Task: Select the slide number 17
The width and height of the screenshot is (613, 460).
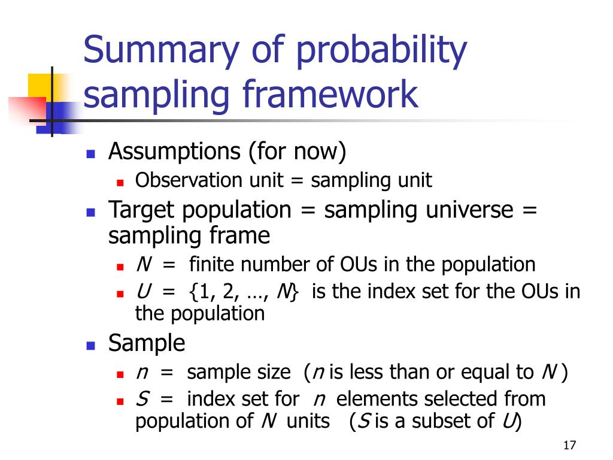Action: click(x=569, y=446)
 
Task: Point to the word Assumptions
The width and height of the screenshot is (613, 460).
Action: click(x=175, y=152)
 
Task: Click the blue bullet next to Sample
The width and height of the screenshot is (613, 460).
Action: click(x=91, y=345)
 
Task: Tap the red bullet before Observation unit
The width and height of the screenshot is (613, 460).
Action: click(x=120, y=181)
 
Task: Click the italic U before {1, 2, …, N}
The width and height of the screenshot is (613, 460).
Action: click(x=142, y=292)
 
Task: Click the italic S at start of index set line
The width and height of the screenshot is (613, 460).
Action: click(x=142, y=398)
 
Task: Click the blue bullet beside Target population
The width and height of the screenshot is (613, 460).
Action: click(x=91, y=211)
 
